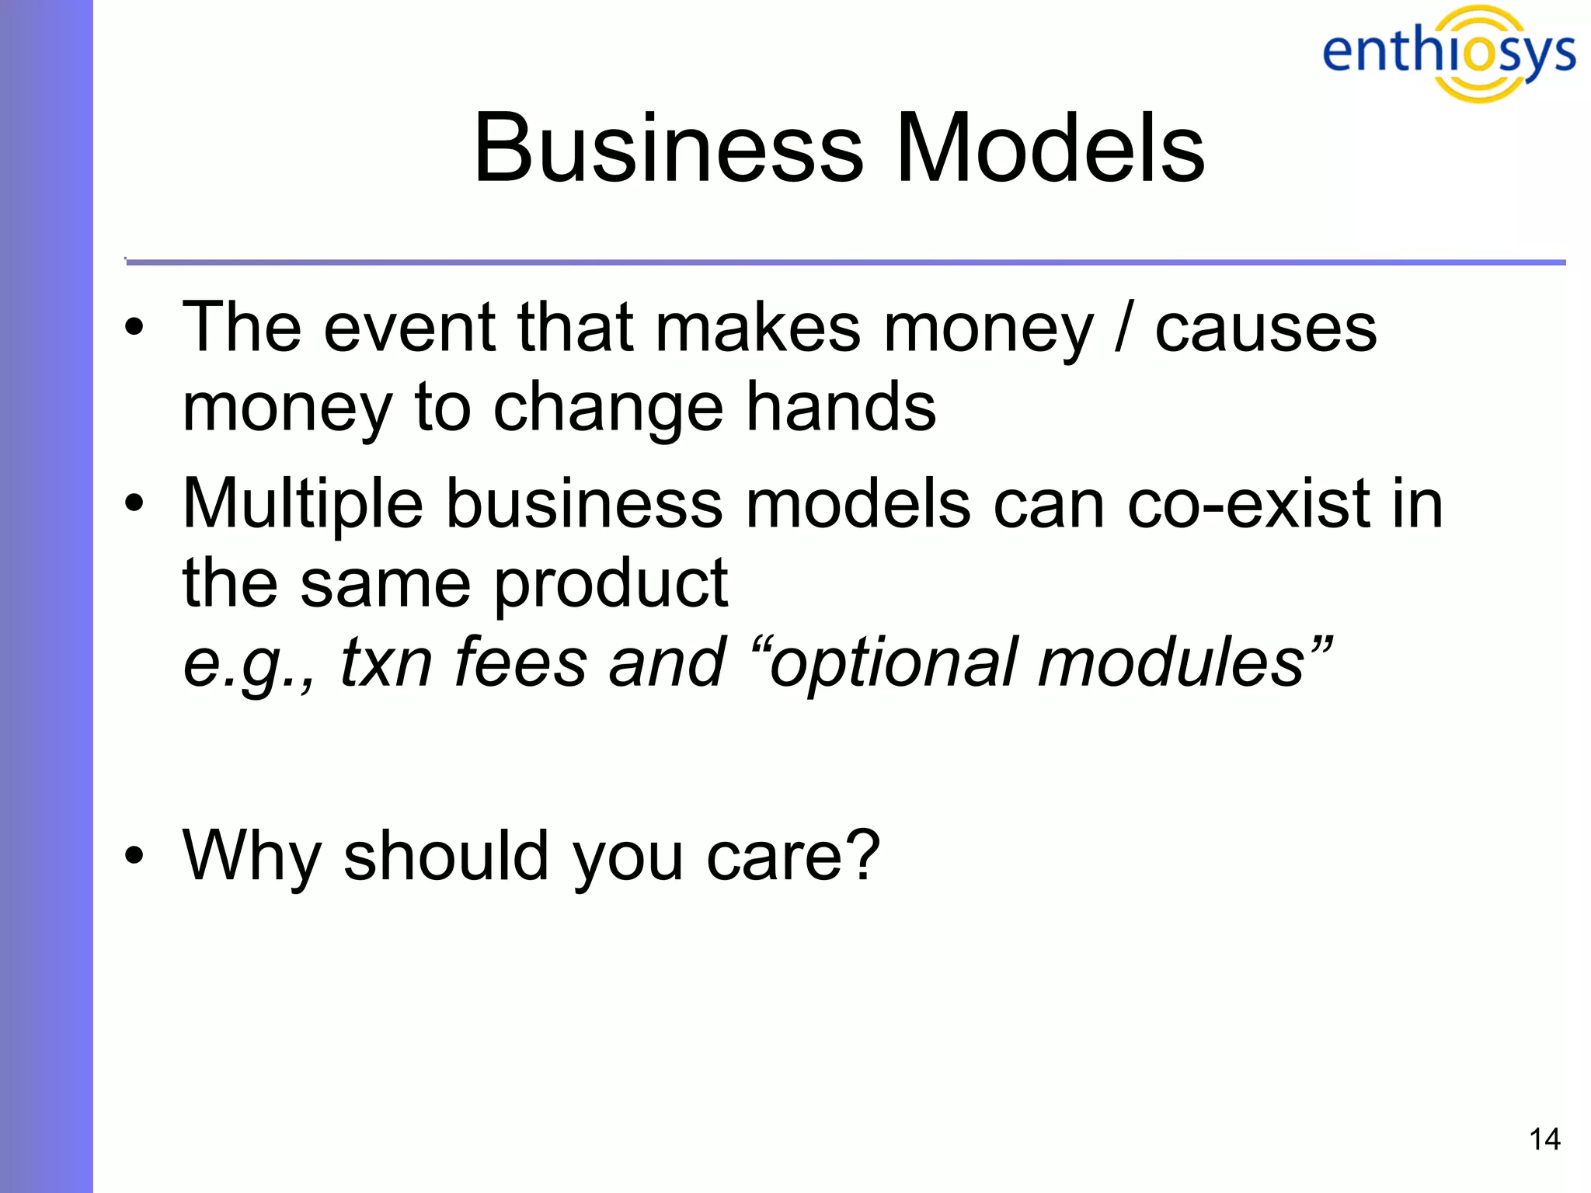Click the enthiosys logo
coord(1449,53)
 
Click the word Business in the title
coord(668,148)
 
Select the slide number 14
coord(1544,1139)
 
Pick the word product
coord(611,585)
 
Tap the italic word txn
coord(386,663)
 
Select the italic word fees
coord(520,663)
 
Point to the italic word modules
coord(1173,663)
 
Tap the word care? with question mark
coord(793,857)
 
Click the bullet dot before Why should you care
coord(134,856)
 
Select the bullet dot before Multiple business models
coord(134,504)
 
